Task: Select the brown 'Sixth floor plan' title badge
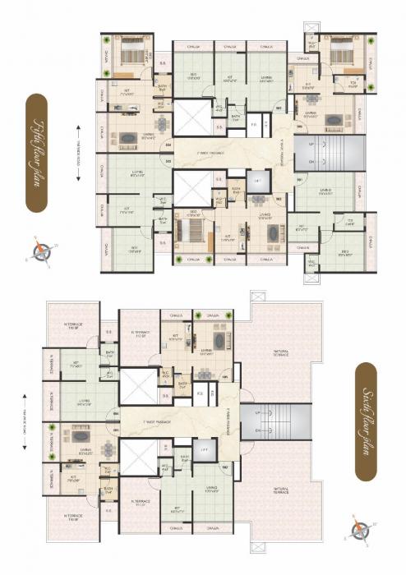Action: click(x=369, y=421)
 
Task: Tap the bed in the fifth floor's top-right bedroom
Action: click(x=339, y=55)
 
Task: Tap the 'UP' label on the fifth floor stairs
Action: click(x=311, y=145)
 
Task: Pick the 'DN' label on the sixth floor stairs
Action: click(x=259, y=430)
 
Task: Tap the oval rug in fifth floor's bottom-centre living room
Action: click(x=271, y=230)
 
